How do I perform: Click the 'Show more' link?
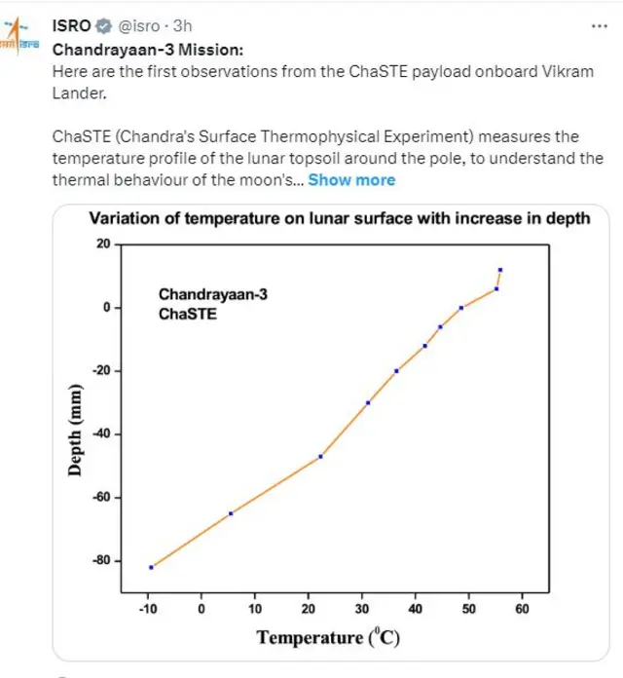(x=351, y=179)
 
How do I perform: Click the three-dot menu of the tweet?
(x=595, y=25)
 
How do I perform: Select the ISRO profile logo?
(x=18, y=43)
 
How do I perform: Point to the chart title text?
(x=340, y=218)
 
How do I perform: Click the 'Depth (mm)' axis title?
(x=75, y=429)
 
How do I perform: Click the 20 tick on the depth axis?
(x=102, y=244)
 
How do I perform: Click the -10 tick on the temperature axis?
(x=148, y=609)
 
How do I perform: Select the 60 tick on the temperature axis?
(x=522, y=609)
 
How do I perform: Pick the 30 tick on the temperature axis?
(x=361, y=609)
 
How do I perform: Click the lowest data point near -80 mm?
(x=151, y=567)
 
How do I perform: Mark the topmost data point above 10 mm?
(x=500, y=270)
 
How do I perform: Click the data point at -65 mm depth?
(x=231, y=513)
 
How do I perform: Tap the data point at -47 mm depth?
(x=320, y=456)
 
